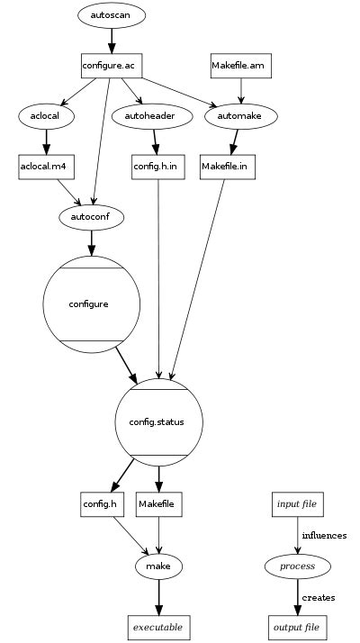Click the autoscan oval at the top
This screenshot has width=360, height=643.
click(111, 16)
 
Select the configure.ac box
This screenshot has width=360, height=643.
click(110, 66)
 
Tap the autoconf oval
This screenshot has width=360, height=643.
click(90, 217)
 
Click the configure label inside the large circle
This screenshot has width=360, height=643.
click(90, 304)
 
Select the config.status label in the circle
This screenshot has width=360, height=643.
click(158, 421)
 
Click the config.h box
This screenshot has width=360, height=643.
click(99, 503)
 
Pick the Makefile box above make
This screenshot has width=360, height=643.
click(159, 503)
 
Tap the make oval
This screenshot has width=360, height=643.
click(159, 566)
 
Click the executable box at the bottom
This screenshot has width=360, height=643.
click(158, 626)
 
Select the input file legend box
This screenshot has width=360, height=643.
click(298, 503)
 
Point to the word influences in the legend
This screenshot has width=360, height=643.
click(324, 535)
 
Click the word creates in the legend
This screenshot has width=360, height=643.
click(319, 597)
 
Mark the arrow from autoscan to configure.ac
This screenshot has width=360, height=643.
click(111, 41)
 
